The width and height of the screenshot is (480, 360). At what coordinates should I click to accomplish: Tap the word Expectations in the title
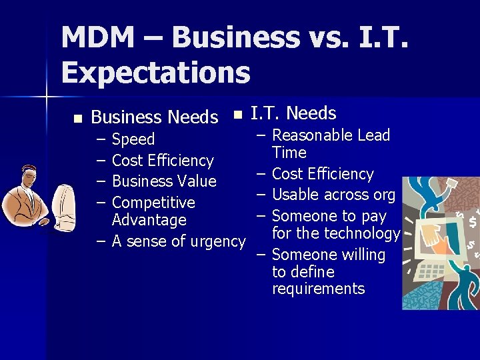[155, 73]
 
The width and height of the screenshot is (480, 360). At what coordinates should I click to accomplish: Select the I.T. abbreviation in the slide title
[381, 38]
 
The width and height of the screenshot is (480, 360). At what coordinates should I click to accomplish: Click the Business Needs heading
[154, 117]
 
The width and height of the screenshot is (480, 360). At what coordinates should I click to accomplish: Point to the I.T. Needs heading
[293, 113]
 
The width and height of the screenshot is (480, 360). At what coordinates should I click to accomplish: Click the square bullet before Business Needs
[77, 118]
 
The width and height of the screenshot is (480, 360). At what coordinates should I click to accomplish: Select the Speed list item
[133, 139]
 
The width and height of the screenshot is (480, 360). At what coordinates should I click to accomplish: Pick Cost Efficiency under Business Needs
[163, 161]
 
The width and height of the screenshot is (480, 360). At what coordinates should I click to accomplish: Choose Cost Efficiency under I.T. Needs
[323, 174]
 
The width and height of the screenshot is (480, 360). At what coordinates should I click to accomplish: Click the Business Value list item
[164, 181]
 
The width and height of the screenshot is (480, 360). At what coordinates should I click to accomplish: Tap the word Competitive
[153, 203]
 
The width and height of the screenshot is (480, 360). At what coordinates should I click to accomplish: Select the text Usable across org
[333, 195]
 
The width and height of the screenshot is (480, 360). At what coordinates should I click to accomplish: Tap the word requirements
[319, 289]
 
